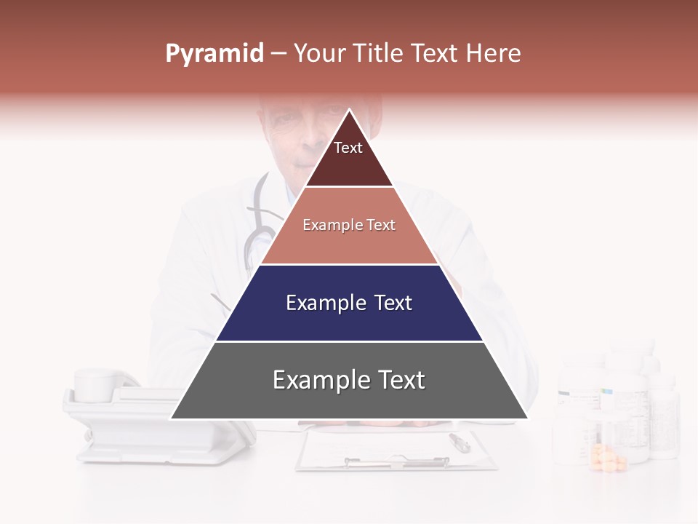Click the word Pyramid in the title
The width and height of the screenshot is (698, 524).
(214, 54)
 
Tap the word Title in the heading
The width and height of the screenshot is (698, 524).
(381, 54)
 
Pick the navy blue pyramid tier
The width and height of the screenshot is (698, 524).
(349, 320)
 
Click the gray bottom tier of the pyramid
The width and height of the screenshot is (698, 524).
(349, 400)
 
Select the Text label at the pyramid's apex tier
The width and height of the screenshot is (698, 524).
(348, 148)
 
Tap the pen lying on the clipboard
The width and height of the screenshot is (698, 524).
(460, 441)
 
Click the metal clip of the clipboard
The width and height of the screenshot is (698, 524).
(396, 461)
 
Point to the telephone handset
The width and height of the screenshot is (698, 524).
(102, 384)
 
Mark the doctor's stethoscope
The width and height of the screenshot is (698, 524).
(258, 226)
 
